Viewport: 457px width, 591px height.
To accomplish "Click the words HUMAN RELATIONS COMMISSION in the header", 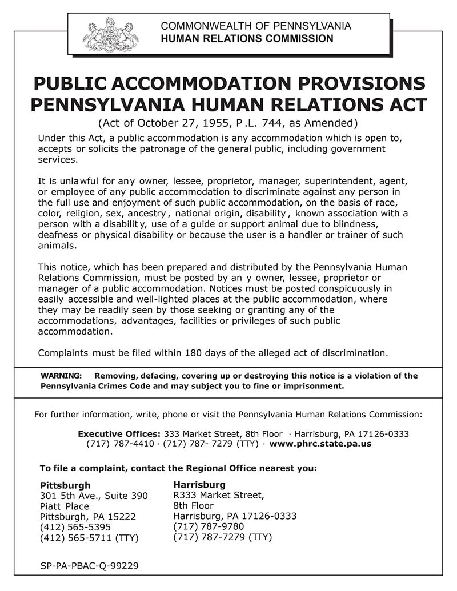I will tap(247, 39).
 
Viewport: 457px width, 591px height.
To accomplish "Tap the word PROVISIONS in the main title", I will tap(356, 83).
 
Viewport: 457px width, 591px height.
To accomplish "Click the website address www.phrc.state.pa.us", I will tap(320, 443).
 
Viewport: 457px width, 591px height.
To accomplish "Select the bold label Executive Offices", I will tap(119, 433).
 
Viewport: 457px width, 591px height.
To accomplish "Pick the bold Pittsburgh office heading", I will tap(65, 485).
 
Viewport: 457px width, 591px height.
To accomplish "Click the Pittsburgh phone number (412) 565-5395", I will tap(75, 527).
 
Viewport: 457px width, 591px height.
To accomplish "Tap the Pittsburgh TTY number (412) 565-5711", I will tap(75, 538).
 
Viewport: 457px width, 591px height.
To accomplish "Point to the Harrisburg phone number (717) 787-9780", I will tap(209, 526).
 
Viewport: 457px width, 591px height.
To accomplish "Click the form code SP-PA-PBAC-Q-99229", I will tap(90, 566).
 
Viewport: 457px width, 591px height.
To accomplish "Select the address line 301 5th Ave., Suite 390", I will tap(94, 496).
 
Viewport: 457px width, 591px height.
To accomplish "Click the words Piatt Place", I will tap(65, 506).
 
